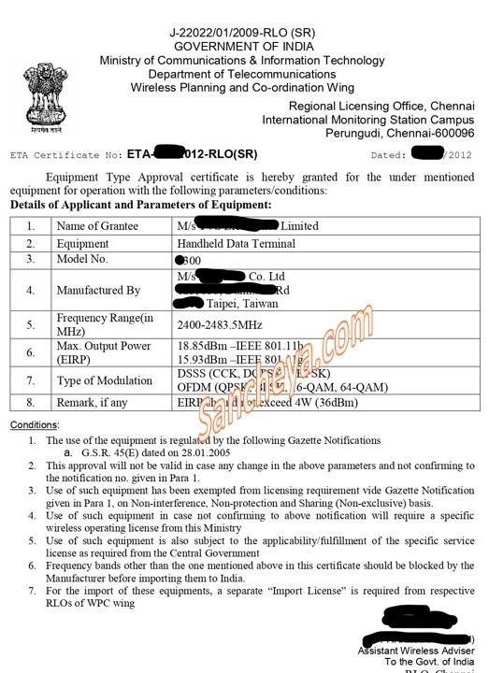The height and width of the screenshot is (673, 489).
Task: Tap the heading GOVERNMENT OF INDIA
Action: (243, 47)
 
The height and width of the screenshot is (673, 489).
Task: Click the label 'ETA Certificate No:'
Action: (65, 155)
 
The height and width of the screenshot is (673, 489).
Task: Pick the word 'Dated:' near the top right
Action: (389, 155)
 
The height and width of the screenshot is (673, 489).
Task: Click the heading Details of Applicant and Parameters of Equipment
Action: (141, 205)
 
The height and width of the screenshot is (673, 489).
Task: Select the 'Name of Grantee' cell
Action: (97, 226)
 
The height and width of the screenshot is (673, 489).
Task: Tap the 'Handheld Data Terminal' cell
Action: (236, 244)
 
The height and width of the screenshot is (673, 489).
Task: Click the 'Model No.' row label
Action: (82, 260)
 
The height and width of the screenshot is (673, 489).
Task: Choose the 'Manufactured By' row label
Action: (98, 291)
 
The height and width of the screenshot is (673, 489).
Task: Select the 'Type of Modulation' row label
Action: (104, 380)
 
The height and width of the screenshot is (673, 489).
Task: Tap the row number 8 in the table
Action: (31, 403)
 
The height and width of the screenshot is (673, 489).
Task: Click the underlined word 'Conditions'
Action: (34, 425)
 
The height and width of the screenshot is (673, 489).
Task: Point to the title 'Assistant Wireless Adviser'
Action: (416, 651)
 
